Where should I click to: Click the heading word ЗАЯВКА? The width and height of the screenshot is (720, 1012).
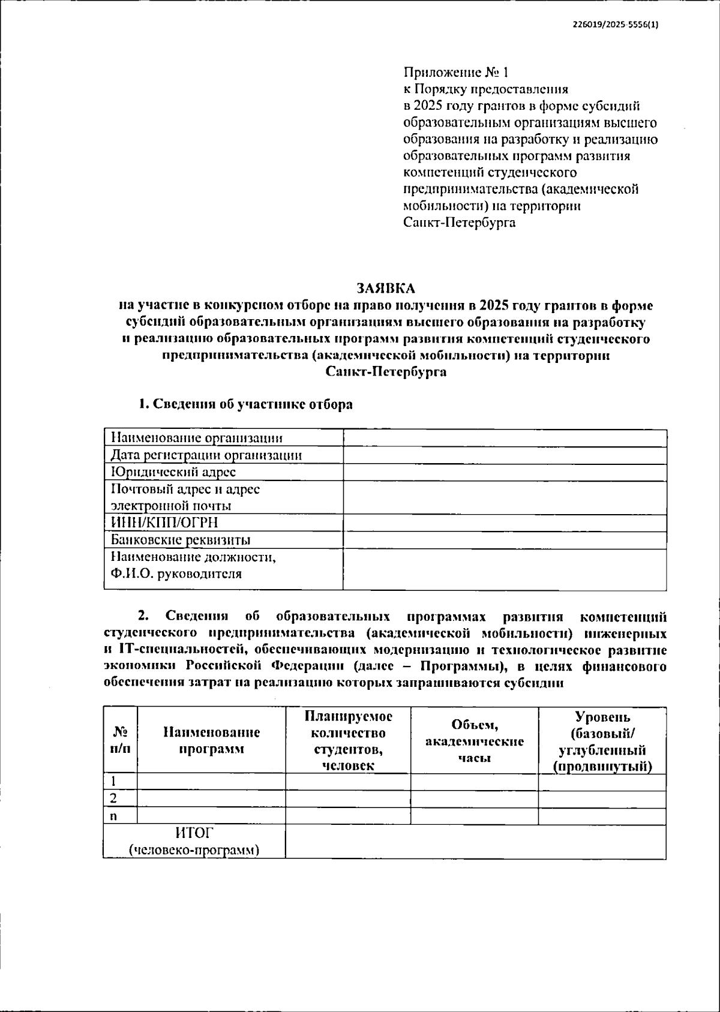[386, 288]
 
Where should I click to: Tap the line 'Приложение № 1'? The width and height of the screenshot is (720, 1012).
[455, 73]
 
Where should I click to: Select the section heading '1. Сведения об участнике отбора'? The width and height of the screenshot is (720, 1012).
[246, 404]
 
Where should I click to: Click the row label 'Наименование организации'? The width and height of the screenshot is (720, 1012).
[197, 439]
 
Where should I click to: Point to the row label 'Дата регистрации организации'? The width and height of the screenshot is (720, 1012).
[206, 455]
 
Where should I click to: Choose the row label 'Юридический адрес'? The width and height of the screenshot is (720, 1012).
[173, 472]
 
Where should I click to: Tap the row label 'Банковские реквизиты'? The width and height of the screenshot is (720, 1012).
[181, 540]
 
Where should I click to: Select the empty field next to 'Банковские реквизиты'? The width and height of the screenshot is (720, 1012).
[505, 540]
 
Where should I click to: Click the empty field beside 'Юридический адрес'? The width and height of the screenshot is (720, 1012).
[505, 472]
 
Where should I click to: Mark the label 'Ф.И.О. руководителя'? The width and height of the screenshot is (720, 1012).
[176, 573]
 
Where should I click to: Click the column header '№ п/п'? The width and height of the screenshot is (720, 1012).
[120, 740]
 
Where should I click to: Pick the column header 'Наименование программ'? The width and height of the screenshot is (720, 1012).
[211, 740]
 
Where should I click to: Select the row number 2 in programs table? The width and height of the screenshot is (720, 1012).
[113, 799]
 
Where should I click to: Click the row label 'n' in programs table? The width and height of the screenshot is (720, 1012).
[113, 816]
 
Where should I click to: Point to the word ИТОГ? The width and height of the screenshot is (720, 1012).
[194, 833]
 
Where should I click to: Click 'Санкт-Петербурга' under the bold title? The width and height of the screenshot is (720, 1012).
[386, 372]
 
